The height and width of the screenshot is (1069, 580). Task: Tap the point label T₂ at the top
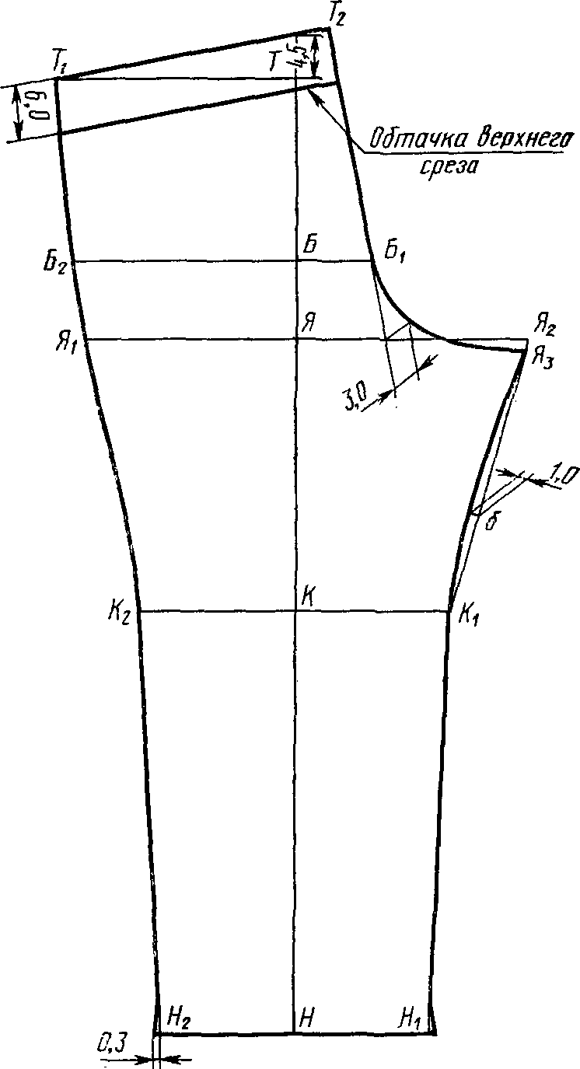pos(338,13)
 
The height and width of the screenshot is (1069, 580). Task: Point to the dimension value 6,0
pos(44,108)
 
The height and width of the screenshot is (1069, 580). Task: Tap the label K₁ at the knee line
pos(469,615)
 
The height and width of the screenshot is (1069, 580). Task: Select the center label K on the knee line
pos(309,596)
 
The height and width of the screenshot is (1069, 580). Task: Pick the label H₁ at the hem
pos(412,1016)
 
